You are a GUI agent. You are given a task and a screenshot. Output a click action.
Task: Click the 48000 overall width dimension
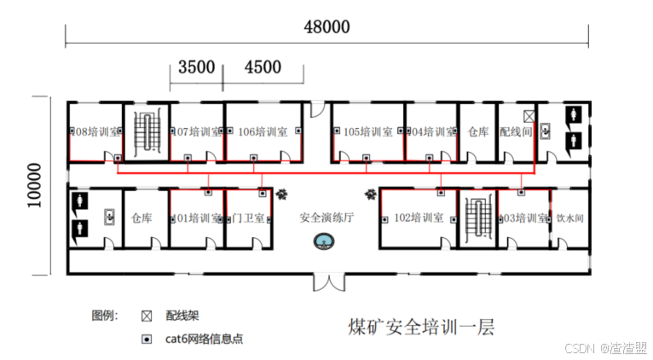tap(327, 26)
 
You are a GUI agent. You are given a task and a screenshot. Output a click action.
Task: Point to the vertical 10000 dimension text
tap(34, 185)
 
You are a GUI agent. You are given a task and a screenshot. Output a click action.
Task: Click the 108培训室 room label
tap(91, 132)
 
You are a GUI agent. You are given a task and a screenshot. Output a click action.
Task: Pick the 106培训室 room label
tap(260, 132)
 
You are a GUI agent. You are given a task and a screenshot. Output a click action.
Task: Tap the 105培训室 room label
tap(367, 132)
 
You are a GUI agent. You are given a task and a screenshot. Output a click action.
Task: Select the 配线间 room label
tap(516, 132)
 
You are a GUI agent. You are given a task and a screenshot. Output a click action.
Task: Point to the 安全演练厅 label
tap(326, 218)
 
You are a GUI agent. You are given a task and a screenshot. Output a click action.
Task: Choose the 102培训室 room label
tap(418, 218)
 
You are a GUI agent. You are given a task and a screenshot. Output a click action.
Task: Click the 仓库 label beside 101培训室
tap(142, 218)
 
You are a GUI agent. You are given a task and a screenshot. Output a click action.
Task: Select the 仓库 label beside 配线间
tap(478, 132)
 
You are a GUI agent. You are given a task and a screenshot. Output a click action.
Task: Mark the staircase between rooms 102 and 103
tap(476, 218)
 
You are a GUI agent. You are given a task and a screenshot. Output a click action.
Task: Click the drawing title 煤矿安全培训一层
tap(421, 327)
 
